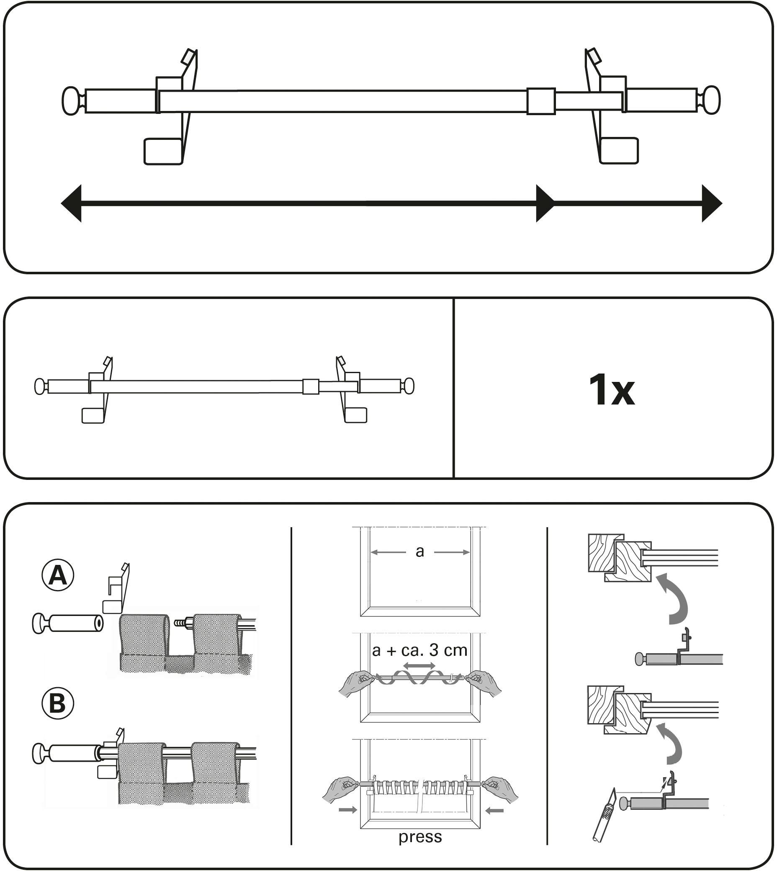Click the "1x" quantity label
click(x=611, y=390)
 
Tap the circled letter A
click(x=58, y=576)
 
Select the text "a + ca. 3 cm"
click(x=419, y=650)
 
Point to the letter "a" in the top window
click(x=419, y=551)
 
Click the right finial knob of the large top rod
click(x=711, y=100)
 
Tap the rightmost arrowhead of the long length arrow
click(x=711, y=203)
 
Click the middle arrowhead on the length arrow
click(x=545, y=203)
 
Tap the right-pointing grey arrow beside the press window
click(x=347, y=810)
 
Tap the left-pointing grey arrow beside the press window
click(x=494, y=810)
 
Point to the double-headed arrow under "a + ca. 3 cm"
click(x=419, y=666)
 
